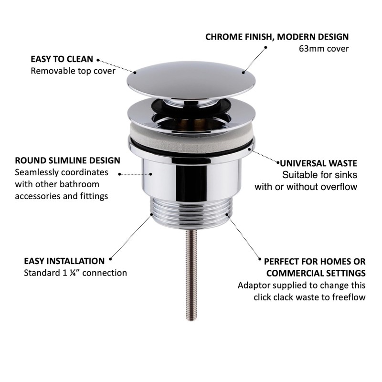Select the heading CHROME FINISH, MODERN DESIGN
click(x=277, y=37)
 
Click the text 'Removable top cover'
click(x=73, y=71)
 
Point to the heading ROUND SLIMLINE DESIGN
click(x=67, y=160)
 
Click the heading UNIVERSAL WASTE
click(x=319, y=163)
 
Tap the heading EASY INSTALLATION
click(x=64, y=261)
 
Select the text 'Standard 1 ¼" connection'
click(x=75, y=273)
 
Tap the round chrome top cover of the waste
click(x=191, y=76)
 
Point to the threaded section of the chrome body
click(x=191, y=210)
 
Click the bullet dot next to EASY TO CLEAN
click(x=98, y=60)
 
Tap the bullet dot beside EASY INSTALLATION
click(x=110, y=260)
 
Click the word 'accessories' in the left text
click(x=36, y=196)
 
